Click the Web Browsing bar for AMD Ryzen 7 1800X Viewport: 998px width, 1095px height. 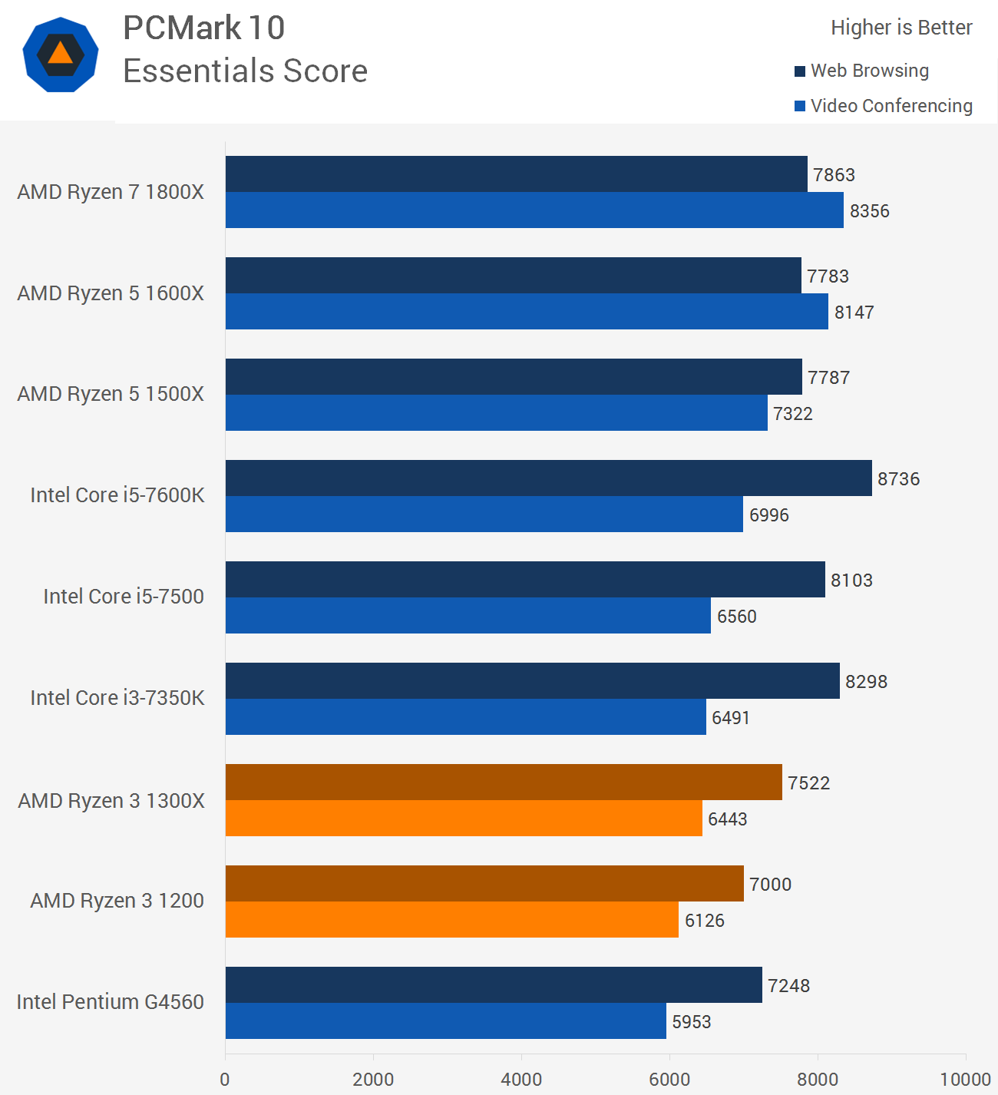(516, 174)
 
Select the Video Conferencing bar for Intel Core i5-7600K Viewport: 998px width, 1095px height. (484, 514)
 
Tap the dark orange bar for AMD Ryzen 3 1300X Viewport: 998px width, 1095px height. (504, 782)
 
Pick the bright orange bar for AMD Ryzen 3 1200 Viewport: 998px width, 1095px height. (451, 920)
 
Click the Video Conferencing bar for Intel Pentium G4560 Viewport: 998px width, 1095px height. (445, 1021)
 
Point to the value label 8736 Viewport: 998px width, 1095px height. (898, 479)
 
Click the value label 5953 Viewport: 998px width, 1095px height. (691, 1022)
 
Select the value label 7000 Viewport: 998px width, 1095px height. (770, 885)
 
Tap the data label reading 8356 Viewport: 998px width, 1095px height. (869, 211)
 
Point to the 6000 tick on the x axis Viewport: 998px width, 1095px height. (669, 1079)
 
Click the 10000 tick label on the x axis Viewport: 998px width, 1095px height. (965, 1079)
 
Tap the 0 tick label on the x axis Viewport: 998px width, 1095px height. (225, 1079)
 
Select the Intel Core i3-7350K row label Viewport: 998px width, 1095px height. (117, 698)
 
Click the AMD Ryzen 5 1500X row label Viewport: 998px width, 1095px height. (111, 394)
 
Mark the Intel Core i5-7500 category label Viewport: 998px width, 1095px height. (124, 597)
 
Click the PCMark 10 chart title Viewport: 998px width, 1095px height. (204, 28)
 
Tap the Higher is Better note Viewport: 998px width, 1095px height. (901, 28)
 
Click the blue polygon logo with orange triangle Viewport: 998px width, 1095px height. (61, 55)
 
